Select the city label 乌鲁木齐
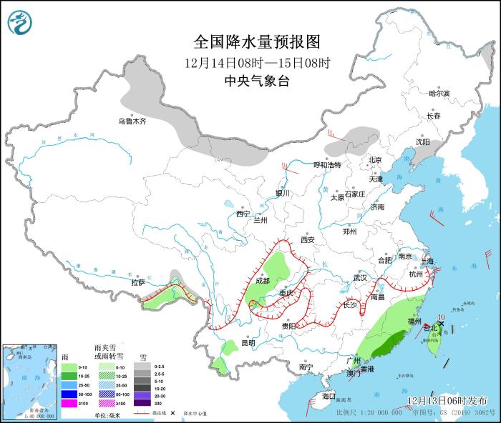click(x=132, y=121)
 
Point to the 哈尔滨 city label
click(x=439, y=94)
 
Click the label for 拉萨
click(x=138, y=283)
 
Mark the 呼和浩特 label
click(x=327, y=165)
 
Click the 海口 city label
click(x=329, y=395)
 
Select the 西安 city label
click(x=308, y=240)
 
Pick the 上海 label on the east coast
click(x=428, y=262)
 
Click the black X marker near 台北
click(x=442, y=324)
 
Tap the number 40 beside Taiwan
click(x=441, y=316)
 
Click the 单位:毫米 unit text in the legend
click(x=111, y=414)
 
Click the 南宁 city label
click(x=306, y=367)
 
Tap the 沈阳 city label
click(x=424, y=142)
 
